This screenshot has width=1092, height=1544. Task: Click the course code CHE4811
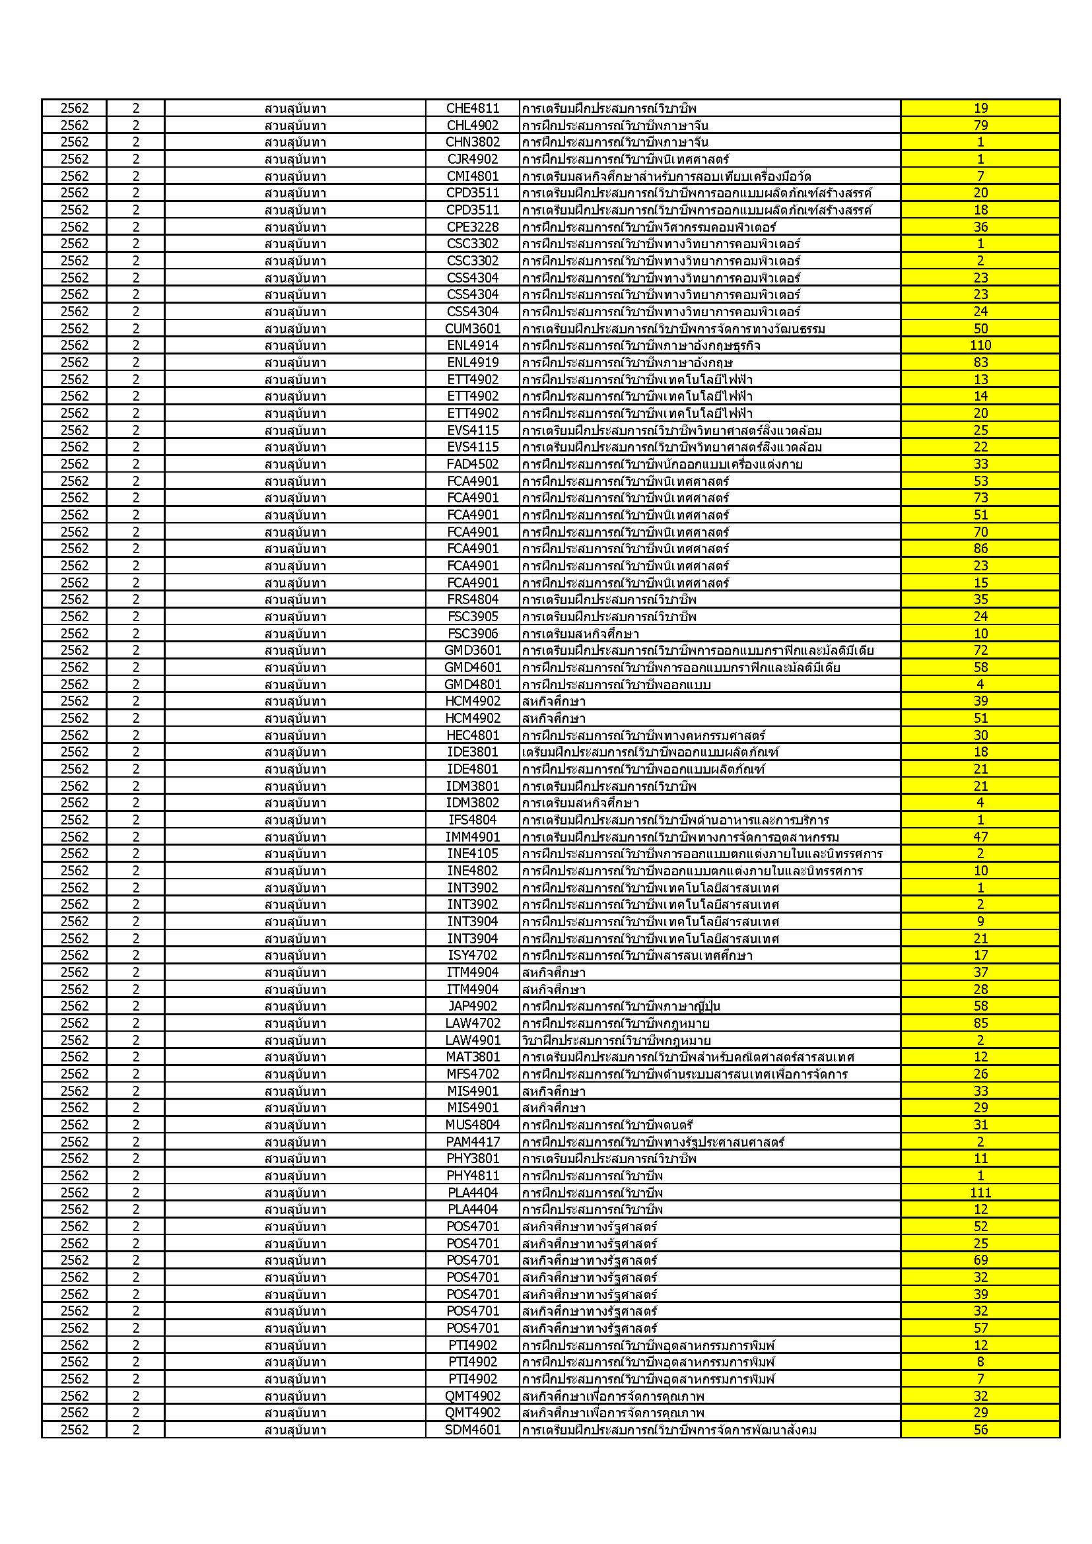click(473, 108)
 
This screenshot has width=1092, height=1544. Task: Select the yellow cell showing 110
click(980, 345)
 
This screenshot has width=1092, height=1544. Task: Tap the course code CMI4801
click(473, 176)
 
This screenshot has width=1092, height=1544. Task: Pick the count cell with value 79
click(980, 125)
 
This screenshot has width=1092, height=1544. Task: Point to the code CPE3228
click(473, 226)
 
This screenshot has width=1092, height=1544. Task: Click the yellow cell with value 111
click(980, 1192)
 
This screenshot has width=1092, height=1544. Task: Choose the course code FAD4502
click(473, 464)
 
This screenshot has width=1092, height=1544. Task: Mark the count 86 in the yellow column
click(980, 549)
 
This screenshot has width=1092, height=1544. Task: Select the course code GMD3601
click(473, 650)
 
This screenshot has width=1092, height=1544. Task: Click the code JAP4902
click(473, 1006)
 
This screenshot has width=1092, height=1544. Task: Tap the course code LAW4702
click(473, 1023)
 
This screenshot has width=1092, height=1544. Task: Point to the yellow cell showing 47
click(980, 836)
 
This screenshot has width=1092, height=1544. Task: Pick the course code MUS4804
click(473, 1124)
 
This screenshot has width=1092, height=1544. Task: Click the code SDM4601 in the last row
click(473, 1430)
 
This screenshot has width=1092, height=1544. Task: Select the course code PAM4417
click(473, 1142)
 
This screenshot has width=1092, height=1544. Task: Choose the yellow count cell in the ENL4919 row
click(980, 362)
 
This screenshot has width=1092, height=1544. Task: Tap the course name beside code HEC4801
click(644, 735)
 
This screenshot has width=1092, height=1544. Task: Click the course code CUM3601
click(473, 329)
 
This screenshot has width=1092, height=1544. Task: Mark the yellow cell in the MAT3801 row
click(980, 1057)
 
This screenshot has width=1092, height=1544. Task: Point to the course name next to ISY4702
click(636, 955)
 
